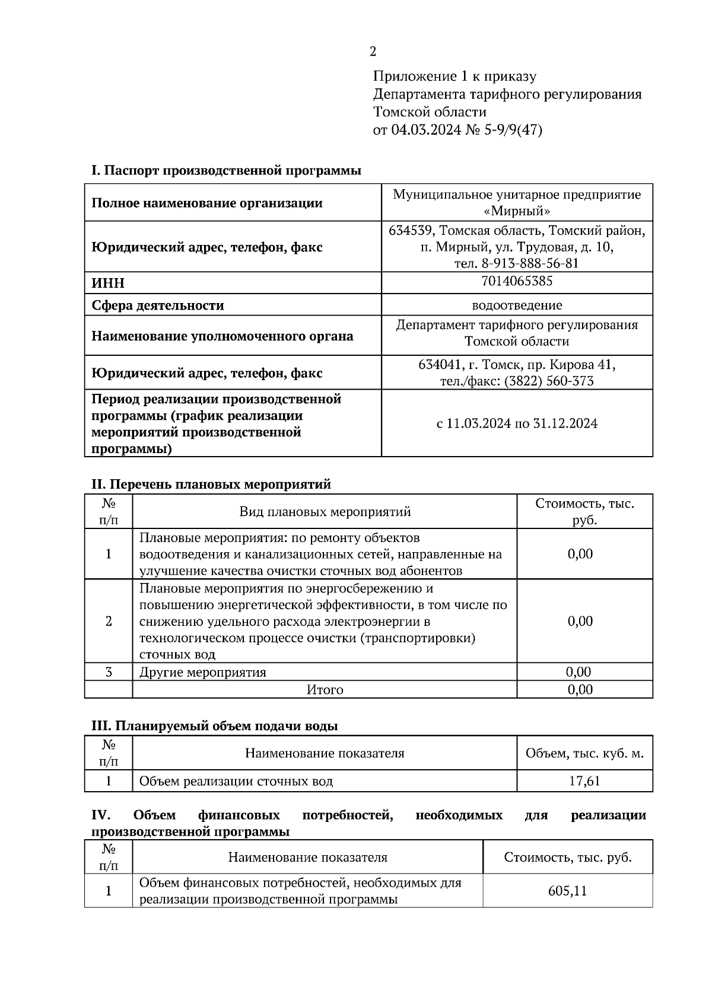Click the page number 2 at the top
coord(373,52)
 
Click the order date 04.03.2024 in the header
coord(425,130)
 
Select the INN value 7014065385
coord(517,281)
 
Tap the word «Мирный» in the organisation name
coord(517,211)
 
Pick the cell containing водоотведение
coord(517,305)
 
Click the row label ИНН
coord(108,283)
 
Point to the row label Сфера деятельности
coord(158,306)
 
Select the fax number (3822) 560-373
coord(548,381)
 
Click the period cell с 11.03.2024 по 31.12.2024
coord(517,423)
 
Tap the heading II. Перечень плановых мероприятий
coord(211,485)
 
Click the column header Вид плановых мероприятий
coord(325,512)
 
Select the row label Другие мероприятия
coord(202,673)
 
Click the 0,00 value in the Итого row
coord(580,690)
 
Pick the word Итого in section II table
coord(325,690)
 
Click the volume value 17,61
coord(584,781)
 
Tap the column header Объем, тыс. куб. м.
coord(584,754)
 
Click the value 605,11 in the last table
coord(567,891)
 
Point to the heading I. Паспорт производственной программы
coord(226,171)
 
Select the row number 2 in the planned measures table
coord(108,622)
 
